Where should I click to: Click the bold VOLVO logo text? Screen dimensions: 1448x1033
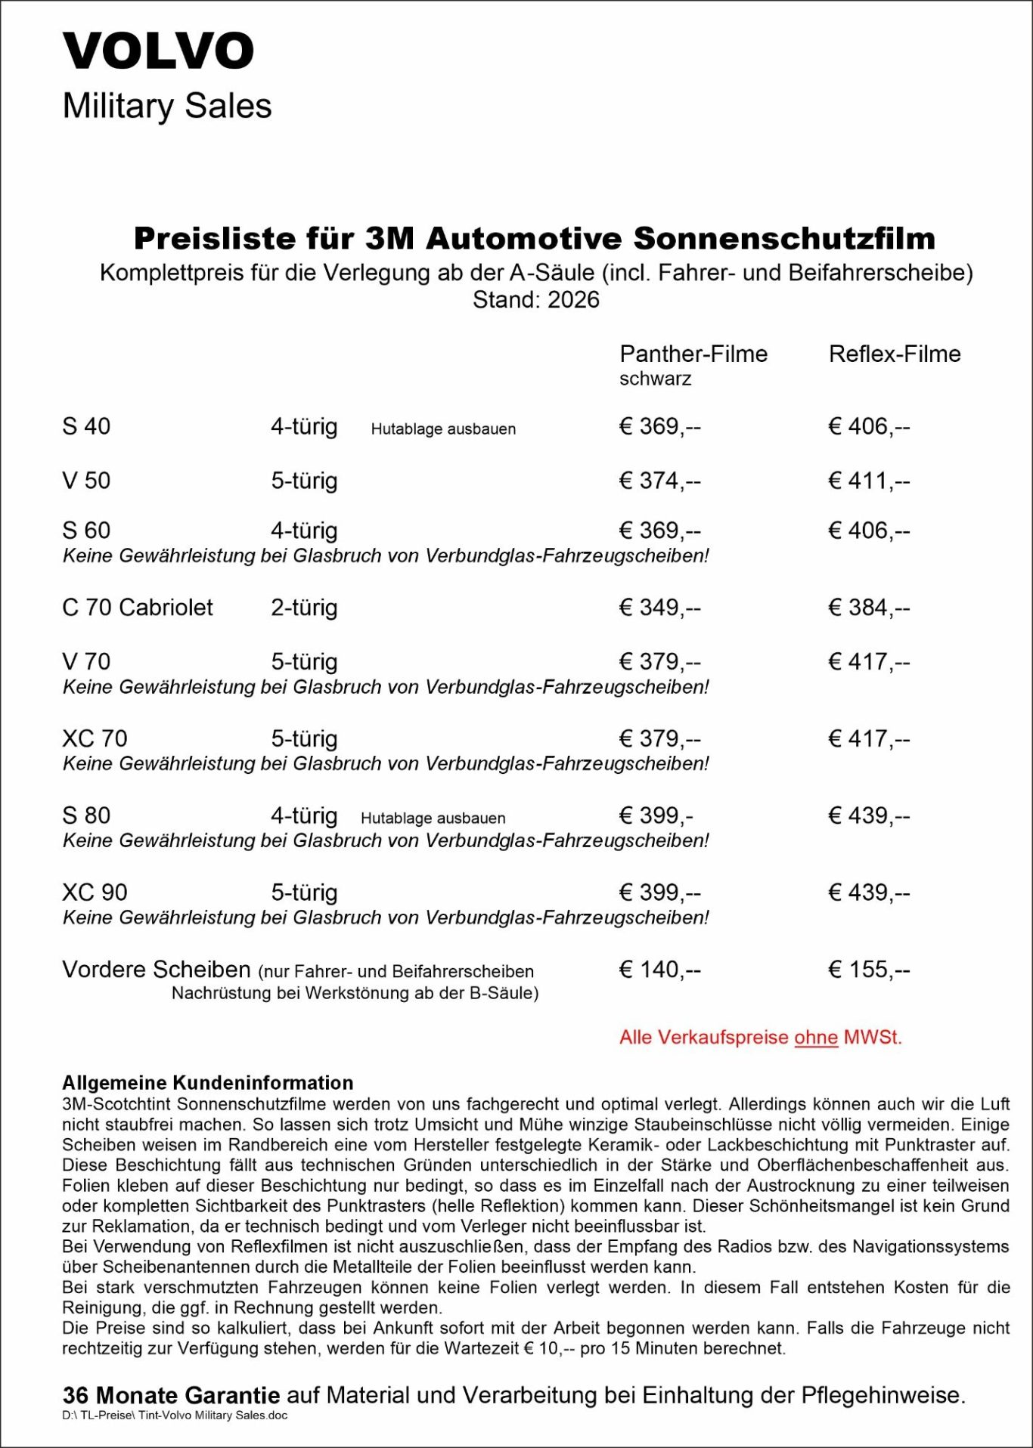(158, 51)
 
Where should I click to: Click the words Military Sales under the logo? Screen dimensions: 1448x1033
(167, 106)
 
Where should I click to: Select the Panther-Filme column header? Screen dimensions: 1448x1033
(693, 354)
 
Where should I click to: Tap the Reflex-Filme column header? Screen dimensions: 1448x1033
(895, 354)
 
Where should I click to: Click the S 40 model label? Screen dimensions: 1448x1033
(86, 426)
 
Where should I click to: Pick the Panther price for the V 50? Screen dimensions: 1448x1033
(659, 481)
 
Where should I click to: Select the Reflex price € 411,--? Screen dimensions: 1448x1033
(869, 481)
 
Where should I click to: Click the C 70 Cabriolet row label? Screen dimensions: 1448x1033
(138, 608)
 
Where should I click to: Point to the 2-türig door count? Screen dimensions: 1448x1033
(304, 608)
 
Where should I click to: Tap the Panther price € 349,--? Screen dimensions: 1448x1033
(659, 608)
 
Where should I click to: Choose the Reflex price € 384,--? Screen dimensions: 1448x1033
(869, 608)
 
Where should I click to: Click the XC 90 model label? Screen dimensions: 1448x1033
(95, 893)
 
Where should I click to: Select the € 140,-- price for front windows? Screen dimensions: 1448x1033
(659, 970)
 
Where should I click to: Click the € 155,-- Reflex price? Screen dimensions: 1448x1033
(869, 970)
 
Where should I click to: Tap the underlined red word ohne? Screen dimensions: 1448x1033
(816, 1038)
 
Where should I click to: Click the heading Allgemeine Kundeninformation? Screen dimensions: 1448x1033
(208, 1082)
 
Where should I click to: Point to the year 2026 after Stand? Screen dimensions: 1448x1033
(573, 300)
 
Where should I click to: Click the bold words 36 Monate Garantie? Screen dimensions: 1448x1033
(171, 1395)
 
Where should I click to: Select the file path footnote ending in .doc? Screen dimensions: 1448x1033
(175, 1415)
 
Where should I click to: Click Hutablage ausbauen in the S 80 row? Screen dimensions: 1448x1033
(433, 818)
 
